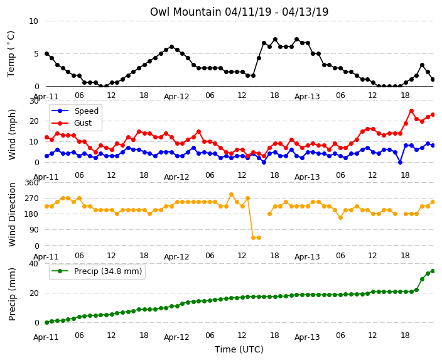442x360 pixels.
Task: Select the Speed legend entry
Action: click(x=75, y=111)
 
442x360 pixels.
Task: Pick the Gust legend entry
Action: click(x=72, y=123)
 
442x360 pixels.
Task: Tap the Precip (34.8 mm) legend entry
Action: click(x=97, y=271)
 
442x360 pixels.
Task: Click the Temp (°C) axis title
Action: click(x=11, y=54)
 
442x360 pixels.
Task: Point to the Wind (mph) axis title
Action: click(x=12, y=134)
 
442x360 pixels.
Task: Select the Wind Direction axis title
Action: click(x=12, y=214)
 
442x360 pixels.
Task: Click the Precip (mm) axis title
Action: click(x=12, y=294)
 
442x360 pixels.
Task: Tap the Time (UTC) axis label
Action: click(x=239, y=349)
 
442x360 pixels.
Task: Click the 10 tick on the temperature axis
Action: click(x=33, y=21)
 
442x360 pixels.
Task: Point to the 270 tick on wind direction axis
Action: click(x=31, y=199)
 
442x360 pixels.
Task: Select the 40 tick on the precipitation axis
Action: click(x=33, y=263)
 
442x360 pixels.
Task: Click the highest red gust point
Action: click(x=411, y=111)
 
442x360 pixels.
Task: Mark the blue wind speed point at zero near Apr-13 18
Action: click(x=401, y=163)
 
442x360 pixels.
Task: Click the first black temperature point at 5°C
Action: click(x=47, y=54)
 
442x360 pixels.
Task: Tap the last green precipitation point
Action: click(x=433, y=271)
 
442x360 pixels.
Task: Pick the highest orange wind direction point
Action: click(x=232, y=195)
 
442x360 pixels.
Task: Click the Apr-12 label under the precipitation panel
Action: click(x=176, y=337)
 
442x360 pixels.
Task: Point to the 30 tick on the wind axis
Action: click(x=33, y=101)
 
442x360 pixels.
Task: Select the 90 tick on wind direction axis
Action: click(x=34, y=230)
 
